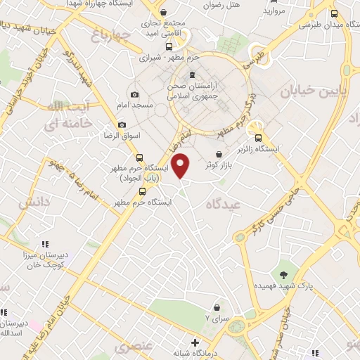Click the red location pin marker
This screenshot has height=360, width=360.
tap(181, 166)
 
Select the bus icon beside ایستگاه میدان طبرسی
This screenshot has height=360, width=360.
tap(334, 13)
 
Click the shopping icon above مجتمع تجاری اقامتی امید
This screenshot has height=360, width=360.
tap(163, 12)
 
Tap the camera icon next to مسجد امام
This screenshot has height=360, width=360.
tap(134, 94)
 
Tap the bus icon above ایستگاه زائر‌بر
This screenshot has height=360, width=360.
tap(259, 138)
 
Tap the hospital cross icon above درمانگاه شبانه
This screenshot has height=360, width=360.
tap(195, 342)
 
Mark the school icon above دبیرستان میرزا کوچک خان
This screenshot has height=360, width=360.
tap(45, 244)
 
